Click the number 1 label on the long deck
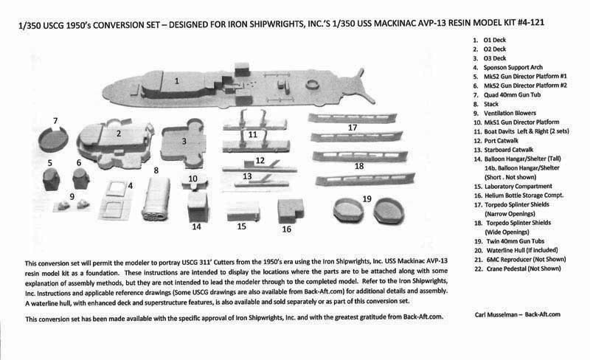tap(177, 80)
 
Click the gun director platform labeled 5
tap(52, 179)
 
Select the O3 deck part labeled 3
tap(185, 140)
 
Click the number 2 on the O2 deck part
tap(118, 134)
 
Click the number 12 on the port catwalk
tap(260, 159)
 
